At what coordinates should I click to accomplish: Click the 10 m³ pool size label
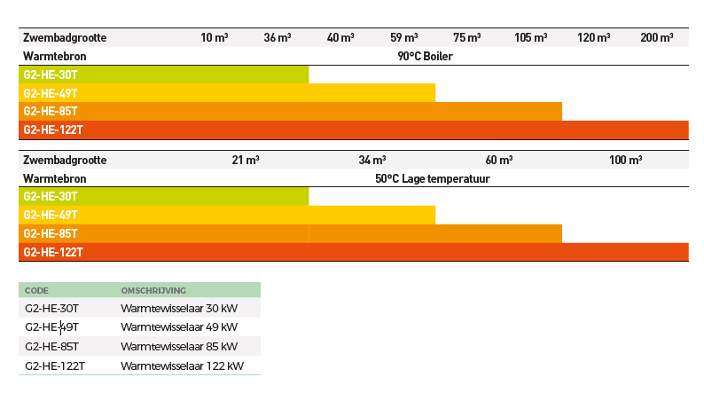point(215,37)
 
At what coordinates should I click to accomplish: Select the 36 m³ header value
point(278,37)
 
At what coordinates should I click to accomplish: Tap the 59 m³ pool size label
point(404,37)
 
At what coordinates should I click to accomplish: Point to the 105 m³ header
point(531,37)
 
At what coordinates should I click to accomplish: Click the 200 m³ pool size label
point(657,37)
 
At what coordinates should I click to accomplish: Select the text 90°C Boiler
point(426,56)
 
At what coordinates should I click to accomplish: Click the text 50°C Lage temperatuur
point(433,178)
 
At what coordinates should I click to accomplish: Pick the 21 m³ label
point(246,161)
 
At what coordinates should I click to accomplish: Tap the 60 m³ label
point(499,161)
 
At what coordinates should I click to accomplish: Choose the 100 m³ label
point(626,161)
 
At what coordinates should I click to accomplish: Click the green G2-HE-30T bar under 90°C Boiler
point(164,75)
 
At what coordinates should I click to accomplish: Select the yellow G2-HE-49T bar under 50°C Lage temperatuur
point(227,216)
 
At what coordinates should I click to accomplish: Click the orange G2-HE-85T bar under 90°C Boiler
point(291,112)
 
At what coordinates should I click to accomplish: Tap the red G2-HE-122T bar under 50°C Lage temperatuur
point(354,253)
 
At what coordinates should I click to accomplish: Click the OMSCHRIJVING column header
point(153,290)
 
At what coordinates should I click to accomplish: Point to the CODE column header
point(37,290)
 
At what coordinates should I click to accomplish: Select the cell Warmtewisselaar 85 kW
point(179,346)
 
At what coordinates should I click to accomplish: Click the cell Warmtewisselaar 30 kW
point(179,309)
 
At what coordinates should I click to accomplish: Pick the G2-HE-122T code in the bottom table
point(55,365)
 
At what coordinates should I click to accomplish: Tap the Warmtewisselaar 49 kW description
point(179,327)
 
